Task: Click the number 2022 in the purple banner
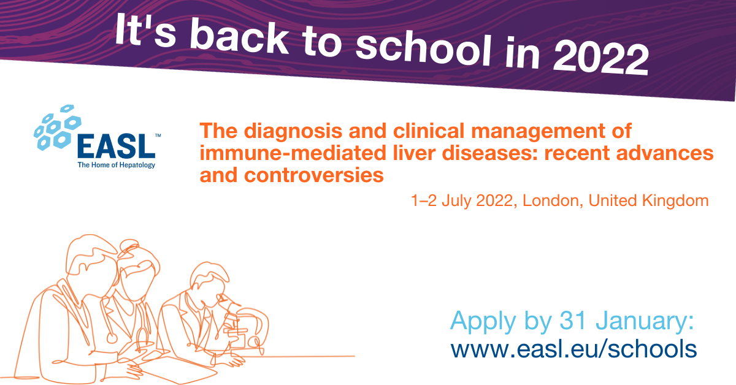[x=601, y=59]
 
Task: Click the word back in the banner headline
[x=240, y=36]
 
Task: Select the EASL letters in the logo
[x=116, y=146]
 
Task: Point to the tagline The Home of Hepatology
[x=117, y=165]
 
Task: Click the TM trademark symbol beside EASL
[x=158, y=135]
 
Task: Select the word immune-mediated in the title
[x=293, y=153]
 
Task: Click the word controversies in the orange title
[x=314, y=175]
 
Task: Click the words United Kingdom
[x=648, y=200]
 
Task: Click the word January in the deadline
[x=645, y=321]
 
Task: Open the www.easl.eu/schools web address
[x=573, y=349]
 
